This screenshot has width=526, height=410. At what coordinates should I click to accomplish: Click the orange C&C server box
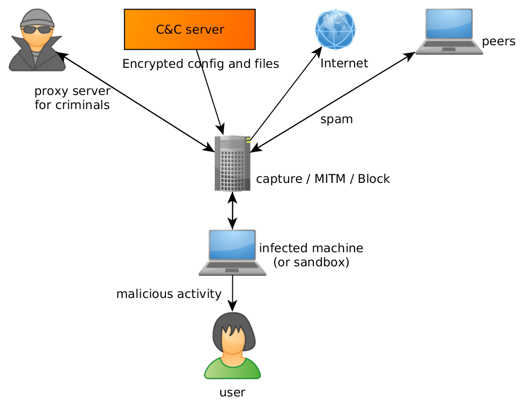(x=190, y=29)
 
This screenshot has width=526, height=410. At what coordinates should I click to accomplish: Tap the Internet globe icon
(x=335, y=29)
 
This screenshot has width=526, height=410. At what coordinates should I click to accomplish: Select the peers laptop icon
(x=449, y=32)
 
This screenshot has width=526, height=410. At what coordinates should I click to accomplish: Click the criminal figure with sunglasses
(x=37, y=40)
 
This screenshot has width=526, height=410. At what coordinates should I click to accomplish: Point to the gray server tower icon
(x=232, y=163)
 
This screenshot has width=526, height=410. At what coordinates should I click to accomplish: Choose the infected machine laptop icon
(x=232, y=252)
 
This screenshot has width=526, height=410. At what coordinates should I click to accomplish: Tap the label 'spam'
(x=336, y=120)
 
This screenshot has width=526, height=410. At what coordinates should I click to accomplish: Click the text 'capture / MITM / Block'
(x=323, y=179)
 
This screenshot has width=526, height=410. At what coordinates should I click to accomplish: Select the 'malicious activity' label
(x=169, y=294)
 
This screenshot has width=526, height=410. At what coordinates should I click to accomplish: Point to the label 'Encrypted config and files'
(x=201, y=64)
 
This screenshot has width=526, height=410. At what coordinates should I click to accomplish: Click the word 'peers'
(x=498, y=42)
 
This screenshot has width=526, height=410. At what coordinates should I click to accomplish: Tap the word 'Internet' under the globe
(x=344, y=63)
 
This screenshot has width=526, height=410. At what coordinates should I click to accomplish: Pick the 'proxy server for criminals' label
(x=72, y=98)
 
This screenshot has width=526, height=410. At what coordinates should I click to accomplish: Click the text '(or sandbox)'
(x=311, y=262)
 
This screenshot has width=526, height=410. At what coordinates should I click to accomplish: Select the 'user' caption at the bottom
(x=232, y=392)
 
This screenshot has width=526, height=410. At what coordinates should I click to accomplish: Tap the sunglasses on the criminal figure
(x=37, y=29)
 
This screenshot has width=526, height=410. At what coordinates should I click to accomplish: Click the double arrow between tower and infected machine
(x=232, y=211)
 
